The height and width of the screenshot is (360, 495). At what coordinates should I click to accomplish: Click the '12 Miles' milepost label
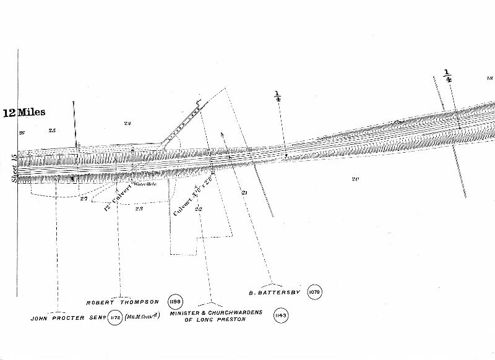(24, 113)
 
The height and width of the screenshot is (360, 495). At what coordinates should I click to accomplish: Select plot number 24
(127, 124)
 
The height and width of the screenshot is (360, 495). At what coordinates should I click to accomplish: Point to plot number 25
(52, 131)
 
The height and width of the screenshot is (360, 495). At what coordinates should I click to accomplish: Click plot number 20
(355, 179)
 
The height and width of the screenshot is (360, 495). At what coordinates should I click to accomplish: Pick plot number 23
(139, 208)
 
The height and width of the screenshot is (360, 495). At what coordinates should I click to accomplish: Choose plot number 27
(84, 198)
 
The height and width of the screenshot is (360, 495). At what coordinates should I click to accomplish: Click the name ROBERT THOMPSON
(123, 302)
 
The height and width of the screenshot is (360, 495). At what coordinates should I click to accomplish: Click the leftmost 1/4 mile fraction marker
(278, 96)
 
